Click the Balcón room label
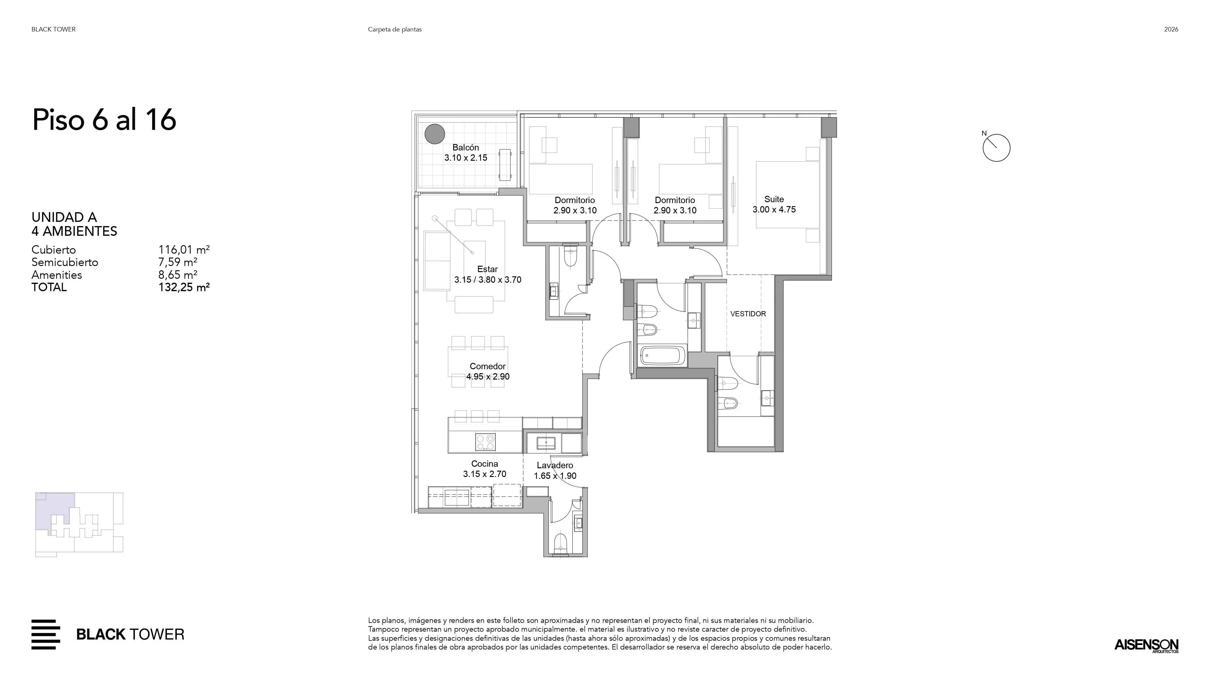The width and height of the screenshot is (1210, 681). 466,148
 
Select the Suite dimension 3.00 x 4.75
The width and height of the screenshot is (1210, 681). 774,210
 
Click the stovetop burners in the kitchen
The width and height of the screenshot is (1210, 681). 485,442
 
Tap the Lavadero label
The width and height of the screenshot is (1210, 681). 555,465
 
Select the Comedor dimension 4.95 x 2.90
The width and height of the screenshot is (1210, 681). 488,377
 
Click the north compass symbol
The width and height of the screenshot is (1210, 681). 996,148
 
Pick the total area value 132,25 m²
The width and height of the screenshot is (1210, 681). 184,287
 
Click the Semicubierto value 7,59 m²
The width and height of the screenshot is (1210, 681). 178,262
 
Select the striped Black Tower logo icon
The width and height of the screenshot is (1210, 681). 46,634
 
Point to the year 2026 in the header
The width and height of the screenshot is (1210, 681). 1171,29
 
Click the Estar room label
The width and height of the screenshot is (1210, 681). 488,269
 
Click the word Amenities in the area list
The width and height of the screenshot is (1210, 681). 57,275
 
